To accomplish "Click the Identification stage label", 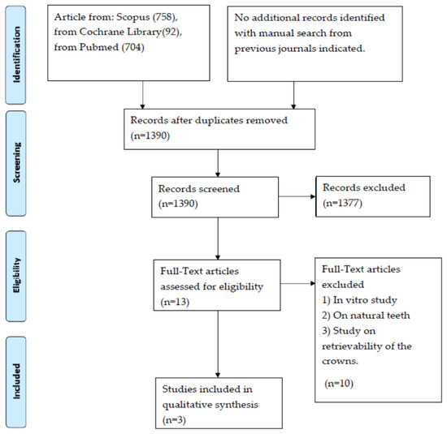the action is [x=16, y=54].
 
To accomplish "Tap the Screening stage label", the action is [x=16, y=162].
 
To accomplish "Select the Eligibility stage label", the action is [x=16, y=275].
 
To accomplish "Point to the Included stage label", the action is [x=16, y=381].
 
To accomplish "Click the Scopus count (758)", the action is [x=165, y=17].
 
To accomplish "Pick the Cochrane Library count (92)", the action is [x=171, y=32].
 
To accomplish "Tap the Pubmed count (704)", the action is [x=132, y=47].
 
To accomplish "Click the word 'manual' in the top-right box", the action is [x=276, y=33].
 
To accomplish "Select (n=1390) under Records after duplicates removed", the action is [x=150, y=135].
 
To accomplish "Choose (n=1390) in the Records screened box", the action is [x=178, y=204].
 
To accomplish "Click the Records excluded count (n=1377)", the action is [x=342, y=203].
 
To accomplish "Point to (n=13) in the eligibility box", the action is [x=175, y=302].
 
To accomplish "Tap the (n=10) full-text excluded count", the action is [x=339, y=384].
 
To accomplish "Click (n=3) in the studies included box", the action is [x=174, y=419].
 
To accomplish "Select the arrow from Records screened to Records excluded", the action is [x=297, y=196].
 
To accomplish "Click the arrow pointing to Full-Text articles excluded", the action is [x=298, y=283].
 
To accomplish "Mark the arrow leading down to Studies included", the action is [x=218, y=344].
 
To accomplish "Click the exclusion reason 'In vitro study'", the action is [x=365, y=300].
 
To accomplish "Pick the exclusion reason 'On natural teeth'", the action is [x=371, y=316].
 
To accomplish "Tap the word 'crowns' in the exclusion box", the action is [x=340, y=362].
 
